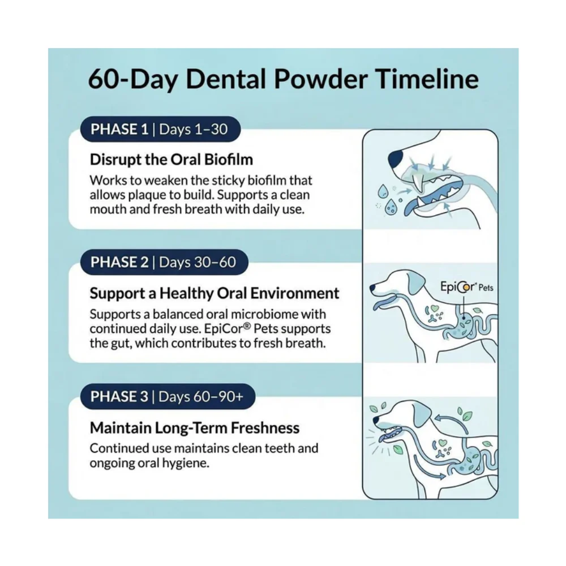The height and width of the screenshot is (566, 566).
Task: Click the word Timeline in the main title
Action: coord(427,79)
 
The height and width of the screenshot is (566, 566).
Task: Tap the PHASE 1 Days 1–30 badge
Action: coord(160,129)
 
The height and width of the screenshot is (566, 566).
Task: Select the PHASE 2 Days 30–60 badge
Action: coord(164,262)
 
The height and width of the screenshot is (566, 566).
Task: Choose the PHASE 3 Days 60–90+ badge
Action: coord(168,396)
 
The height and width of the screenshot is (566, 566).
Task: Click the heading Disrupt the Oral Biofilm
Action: coord(171,160)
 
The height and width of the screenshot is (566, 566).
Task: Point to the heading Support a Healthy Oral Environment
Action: coord(215,293)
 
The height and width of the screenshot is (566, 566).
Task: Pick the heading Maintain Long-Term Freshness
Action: coord(195,428)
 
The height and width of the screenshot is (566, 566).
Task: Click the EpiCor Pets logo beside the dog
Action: coord(466,287)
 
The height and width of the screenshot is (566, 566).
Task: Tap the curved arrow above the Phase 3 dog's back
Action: coord(451,422)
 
